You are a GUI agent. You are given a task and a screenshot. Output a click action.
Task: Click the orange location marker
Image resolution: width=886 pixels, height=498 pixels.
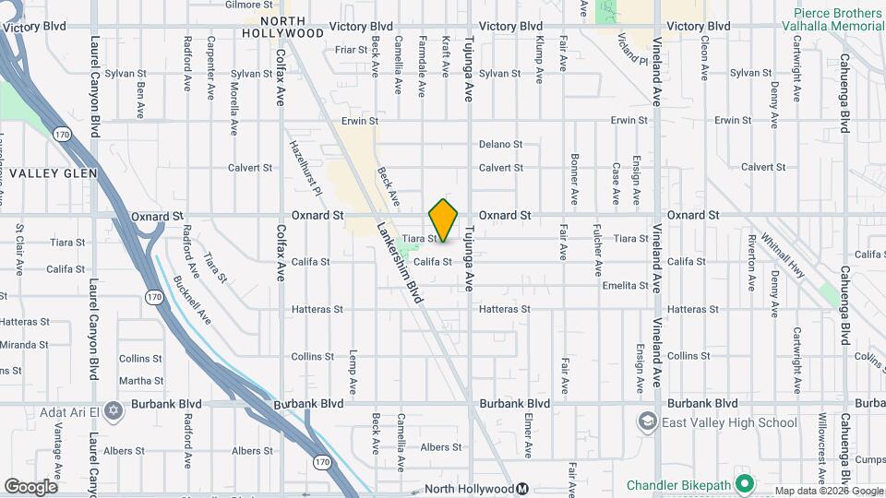[x=443, y=220]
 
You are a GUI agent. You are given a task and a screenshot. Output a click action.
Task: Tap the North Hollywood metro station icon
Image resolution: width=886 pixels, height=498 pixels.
[x=522, y=489]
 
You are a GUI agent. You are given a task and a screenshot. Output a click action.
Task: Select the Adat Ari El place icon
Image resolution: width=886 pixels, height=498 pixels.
[x=114, y=410]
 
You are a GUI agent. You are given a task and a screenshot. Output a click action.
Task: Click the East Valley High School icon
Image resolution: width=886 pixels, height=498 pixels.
[x=647, y=422]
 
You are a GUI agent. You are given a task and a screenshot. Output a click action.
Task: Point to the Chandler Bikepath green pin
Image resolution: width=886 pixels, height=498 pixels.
[x=745, y=484]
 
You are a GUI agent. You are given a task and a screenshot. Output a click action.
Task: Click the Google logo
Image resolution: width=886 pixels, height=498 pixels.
[x=30, y=487]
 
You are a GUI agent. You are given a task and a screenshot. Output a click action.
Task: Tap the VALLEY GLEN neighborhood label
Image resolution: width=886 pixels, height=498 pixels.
[x=48, y=172]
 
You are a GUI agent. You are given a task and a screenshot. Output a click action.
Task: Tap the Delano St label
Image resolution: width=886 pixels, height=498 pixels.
[x=500, y=144]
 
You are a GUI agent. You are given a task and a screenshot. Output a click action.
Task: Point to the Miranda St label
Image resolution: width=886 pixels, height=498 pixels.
[x=24, y=345]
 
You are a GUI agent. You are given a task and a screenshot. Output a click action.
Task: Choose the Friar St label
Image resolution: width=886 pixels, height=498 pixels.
[x=351, y=50]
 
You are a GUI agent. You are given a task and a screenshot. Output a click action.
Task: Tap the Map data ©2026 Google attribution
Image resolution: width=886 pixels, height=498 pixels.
[x=828, y=491]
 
